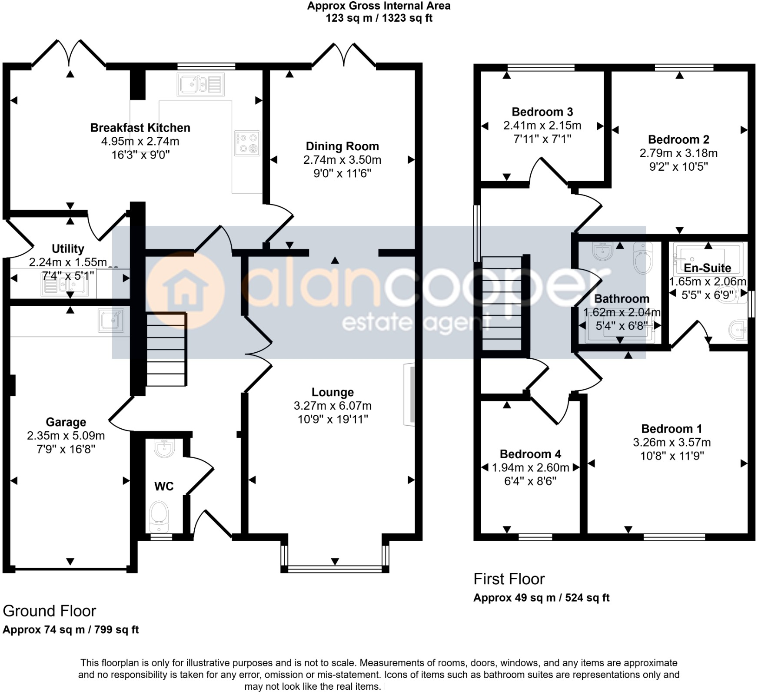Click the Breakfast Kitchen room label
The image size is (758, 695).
pos(140,128)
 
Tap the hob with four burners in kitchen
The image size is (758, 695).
pos(247,143)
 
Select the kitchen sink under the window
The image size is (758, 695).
pos(200,84)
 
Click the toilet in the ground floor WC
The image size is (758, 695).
pos(158,516)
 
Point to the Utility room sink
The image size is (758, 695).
pos(65,286)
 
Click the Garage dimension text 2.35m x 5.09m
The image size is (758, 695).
pos(66,435)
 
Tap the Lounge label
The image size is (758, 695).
pos(332,392)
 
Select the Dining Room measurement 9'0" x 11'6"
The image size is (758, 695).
pos(342,174)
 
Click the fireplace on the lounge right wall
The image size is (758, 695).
pos(409,394)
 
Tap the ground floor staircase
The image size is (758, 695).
pos(166,349)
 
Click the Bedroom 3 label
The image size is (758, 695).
pos(542,112)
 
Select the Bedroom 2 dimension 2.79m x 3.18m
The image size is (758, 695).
pos(678,153)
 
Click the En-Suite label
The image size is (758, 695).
pos(707,268)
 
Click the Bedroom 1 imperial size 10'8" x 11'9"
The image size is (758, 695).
pos(672,456)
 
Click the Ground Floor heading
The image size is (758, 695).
pos(49,611)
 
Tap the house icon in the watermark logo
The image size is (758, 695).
pos(185,289)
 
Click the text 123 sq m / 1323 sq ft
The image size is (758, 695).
pos(379,18)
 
